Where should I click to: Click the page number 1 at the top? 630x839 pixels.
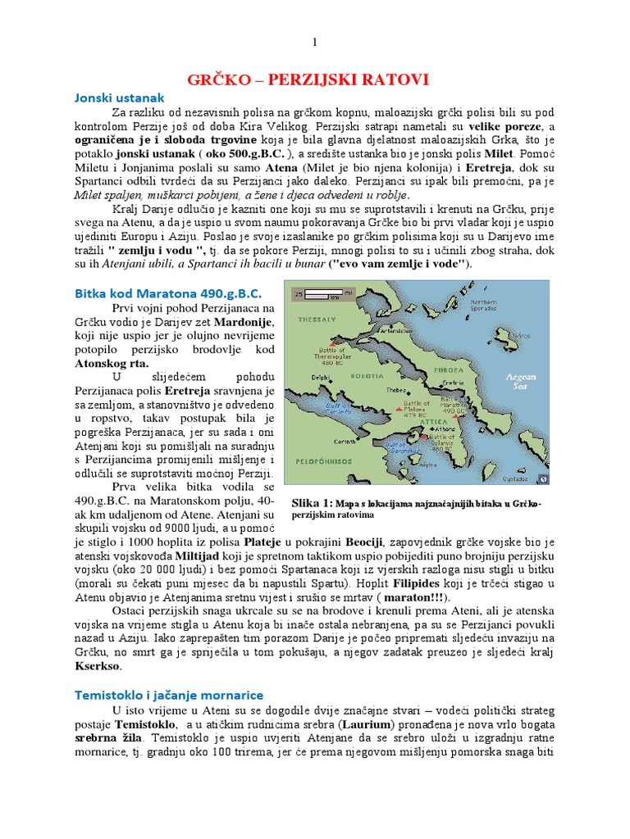pos(315,42)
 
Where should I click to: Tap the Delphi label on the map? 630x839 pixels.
pos(322,377)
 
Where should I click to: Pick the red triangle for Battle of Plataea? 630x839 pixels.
pos(399,407)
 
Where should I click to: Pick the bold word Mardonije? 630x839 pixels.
pos(244,324)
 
